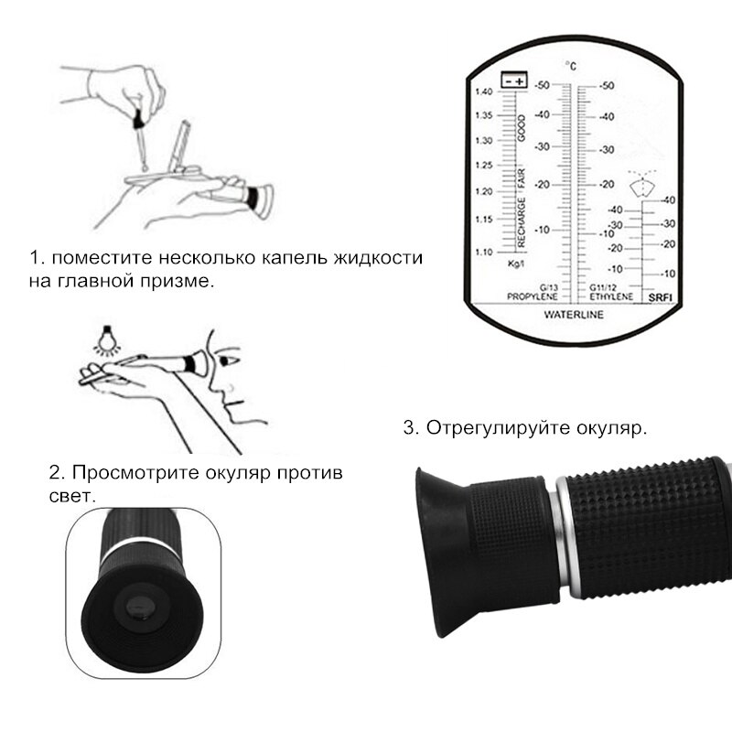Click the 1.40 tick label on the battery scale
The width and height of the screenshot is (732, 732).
pos(484,91)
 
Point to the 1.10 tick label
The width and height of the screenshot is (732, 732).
pos(484,252)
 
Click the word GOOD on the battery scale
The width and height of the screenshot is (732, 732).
pos(522,129)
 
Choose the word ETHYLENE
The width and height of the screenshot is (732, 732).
pos(610,297)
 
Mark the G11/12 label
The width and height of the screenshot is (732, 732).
pos(604,286)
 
